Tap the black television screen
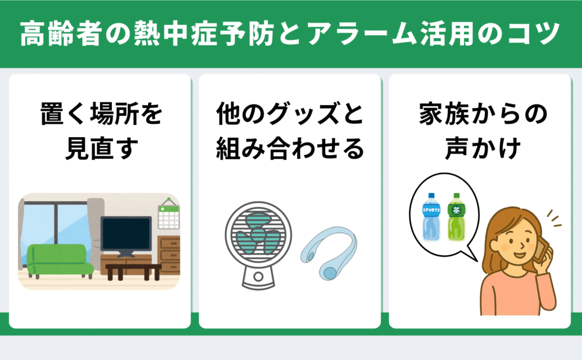(126, 234)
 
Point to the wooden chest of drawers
(169, 255)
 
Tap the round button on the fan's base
(259, 276)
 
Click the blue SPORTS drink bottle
(431, 217)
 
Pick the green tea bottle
(456, 217)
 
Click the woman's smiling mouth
(519, 255)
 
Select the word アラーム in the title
(360, 34)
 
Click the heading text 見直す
(101, 148)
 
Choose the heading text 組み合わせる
(290, 148)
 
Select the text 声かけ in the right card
(483, 148)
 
